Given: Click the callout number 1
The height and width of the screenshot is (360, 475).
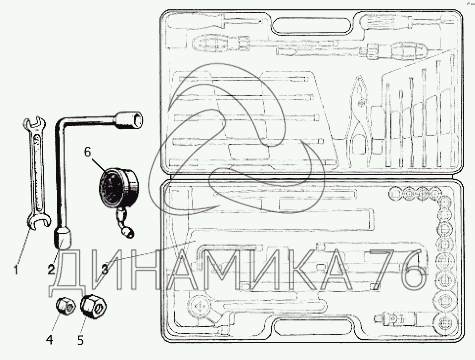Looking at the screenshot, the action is click(x=16, y=270).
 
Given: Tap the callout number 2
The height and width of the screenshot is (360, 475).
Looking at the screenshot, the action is click(x=51, y=269).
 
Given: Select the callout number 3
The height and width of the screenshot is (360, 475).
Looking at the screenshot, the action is click(x=104, y=269).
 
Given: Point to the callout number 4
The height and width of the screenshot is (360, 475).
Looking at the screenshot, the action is click(x=49, y=340).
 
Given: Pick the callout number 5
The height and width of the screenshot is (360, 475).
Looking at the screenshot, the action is click(x=81, y=340).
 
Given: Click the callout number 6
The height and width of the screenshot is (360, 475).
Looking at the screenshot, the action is click(x=88, y=152).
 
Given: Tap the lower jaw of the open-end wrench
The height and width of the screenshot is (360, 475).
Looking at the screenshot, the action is click(x=39, y=221).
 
